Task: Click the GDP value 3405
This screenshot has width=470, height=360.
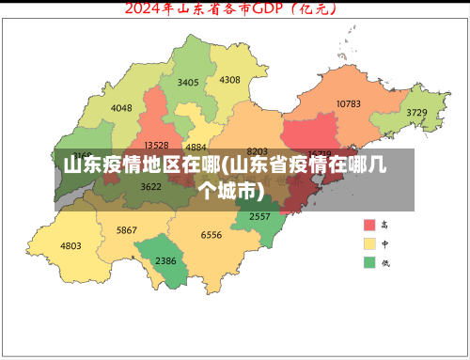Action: click(188, 83)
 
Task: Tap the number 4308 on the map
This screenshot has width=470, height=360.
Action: click(229, 80)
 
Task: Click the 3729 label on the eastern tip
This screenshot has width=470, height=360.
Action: click(416, 113)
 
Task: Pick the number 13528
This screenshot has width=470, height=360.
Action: click(156, 146)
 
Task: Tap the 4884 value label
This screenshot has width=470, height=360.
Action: click(196, 148)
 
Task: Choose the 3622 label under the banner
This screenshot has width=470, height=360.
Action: click(150, 186)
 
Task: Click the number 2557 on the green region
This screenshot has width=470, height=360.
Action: click(259, 216)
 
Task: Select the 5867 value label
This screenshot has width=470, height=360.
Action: click(126, 230)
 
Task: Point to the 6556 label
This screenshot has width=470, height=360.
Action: click(211, 235)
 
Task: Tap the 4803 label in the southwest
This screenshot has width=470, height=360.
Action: click(70, 246)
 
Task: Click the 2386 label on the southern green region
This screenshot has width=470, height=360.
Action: click(165, 260)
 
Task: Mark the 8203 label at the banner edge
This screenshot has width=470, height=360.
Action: click(257, 151)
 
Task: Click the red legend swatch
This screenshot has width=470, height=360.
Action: click(369, 225)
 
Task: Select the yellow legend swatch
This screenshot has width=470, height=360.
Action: click(369, 243)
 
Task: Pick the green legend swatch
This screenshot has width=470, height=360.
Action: click(369, 260)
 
